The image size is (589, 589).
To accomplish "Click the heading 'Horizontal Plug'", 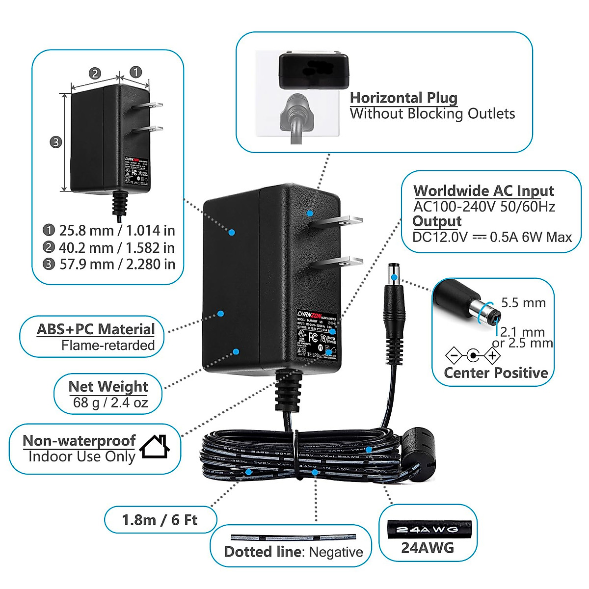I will click(403, 98).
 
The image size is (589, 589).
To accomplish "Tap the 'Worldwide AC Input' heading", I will click(483, 190).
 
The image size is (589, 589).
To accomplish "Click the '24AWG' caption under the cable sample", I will click(428, 548).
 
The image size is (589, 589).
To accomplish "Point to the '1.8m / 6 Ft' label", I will click(160, 519).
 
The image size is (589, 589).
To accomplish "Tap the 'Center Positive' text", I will click(496, 373).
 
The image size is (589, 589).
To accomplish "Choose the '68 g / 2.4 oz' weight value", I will click(110, 403).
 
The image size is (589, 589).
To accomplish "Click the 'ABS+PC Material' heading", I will click(96, 329).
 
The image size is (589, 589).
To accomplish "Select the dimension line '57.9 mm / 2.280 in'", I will click(117, 264).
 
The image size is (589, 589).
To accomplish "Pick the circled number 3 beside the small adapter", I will click(56, 142).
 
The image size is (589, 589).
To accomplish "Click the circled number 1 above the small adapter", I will click(135, 72).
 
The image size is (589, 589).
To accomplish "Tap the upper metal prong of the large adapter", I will click(338, 221).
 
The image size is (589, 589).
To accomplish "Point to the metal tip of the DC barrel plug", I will click(394, 273).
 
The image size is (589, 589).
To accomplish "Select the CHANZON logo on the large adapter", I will click(309, 314).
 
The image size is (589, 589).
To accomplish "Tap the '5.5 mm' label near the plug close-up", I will click(523, 302).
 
